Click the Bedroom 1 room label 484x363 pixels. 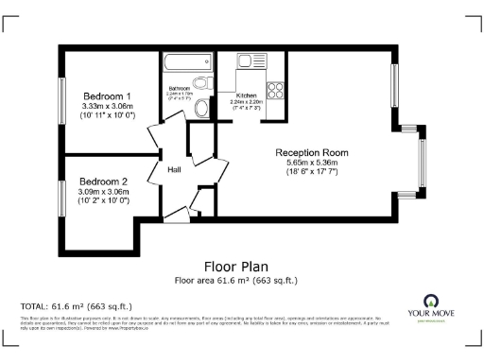107,96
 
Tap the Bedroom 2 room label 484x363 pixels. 103,181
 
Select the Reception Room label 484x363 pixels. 312,152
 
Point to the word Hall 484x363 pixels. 174,170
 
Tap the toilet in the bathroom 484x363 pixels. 200,109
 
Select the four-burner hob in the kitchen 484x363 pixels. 277,91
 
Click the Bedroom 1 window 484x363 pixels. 63,105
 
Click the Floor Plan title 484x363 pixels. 241,267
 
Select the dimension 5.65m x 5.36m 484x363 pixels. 312,163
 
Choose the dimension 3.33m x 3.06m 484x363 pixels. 107,107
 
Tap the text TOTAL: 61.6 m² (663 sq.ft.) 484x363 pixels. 77,306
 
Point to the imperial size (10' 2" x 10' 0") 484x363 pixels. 103,201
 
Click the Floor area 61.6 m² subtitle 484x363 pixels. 241,280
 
